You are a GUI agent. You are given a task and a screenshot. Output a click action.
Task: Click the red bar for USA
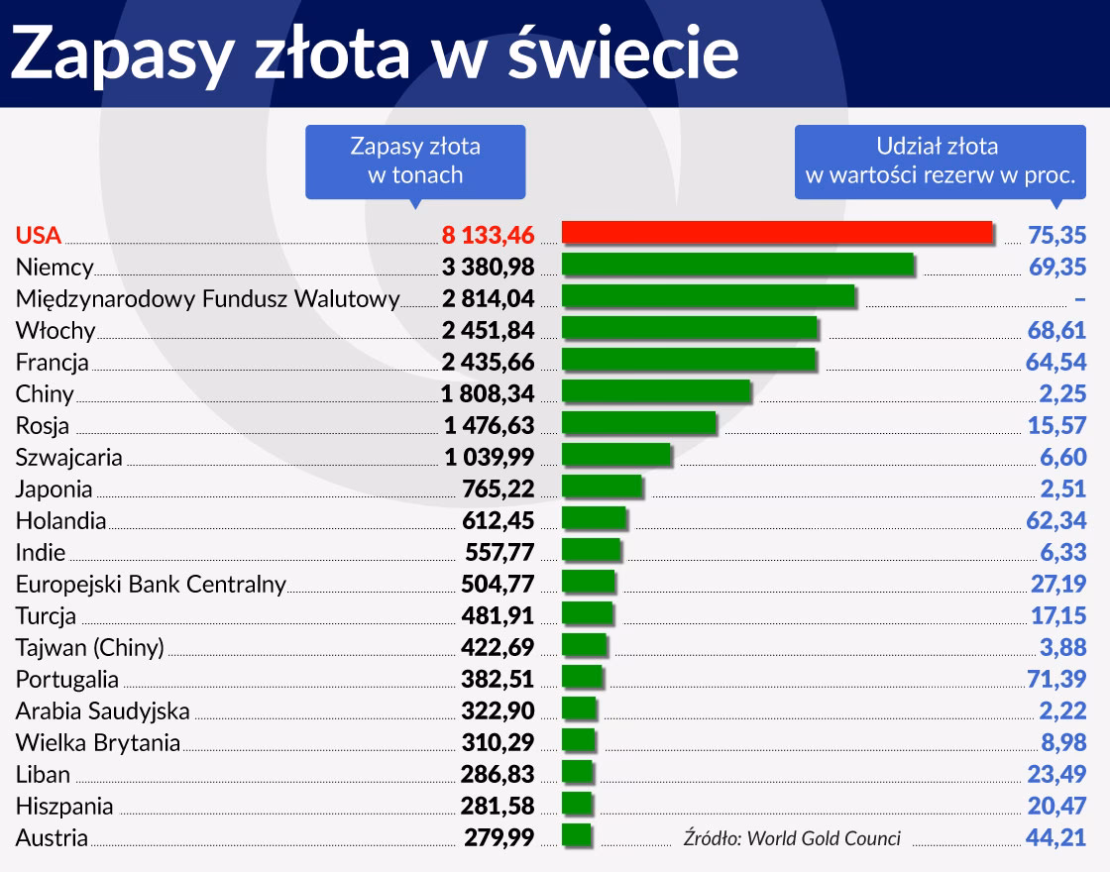(776, 233)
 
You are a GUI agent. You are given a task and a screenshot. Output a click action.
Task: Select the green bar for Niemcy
(736, 266)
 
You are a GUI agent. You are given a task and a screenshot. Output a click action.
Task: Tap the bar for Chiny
(655, 392)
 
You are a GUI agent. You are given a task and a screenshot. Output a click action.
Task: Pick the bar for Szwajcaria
(615, 456)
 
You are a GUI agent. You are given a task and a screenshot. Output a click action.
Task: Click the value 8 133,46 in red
(488, 235)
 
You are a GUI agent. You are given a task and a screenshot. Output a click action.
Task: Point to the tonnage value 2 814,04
(485, 298)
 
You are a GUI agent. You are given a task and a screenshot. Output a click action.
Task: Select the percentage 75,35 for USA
(1057, 235)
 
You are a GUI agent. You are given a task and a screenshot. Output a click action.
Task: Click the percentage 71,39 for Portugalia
(1057, 679)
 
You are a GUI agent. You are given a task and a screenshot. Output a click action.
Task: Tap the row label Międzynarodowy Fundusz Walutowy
(207, 298)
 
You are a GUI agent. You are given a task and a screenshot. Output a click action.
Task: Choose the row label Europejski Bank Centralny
(151, 584)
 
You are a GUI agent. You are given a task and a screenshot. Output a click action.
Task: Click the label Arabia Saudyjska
(102, 710)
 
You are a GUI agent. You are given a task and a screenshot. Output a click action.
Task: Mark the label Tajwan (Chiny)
(89, 647)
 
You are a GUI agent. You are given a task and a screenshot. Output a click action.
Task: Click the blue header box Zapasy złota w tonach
(415, 161)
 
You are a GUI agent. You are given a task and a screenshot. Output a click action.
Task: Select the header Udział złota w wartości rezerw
(940, 161)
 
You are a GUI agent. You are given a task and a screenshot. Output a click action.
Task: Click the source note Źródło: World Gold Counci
(792, 838)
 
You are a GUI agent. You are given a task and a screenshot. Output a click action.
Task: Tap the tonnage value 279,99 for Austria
(499, 837)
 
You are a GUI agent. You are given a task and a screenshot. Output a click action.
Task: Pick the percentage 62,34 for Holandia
(1057, 520)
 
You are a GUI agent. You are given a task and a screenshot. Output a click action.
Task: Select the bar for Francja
(689, 361)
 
